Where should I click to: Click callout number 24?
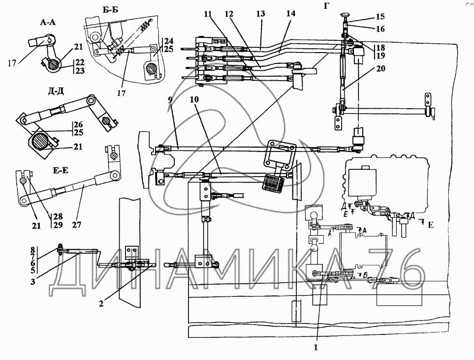(x=169, y=40)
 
